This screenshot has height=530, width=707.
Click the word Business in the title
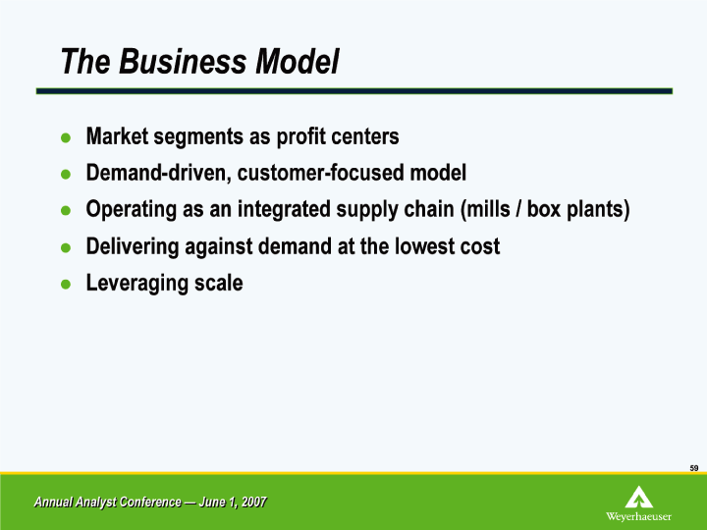tap(184, 61)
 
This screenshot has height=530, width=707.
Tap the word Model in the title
tap(298, 61)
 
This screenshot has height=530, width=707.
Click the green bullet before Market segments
tap(66, 137)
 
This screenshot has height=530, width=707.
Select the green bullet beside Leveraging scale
tap(66, 284)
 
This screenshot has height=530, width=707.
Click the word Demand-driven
tap(158, 173)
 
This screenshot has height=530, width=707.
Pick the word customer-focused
tap(320, 173)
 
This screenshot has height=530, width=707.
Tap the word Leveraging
tap(137, 284)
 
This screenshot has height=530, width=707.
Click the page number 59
tap(694, 468)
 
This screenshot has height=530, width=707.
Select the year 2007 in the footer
tap(254, 502)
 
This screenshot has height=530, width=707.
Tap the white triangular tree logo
tap(639, 497)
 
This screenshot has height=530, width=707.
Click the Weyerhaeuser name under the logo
tap(638, 516)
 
